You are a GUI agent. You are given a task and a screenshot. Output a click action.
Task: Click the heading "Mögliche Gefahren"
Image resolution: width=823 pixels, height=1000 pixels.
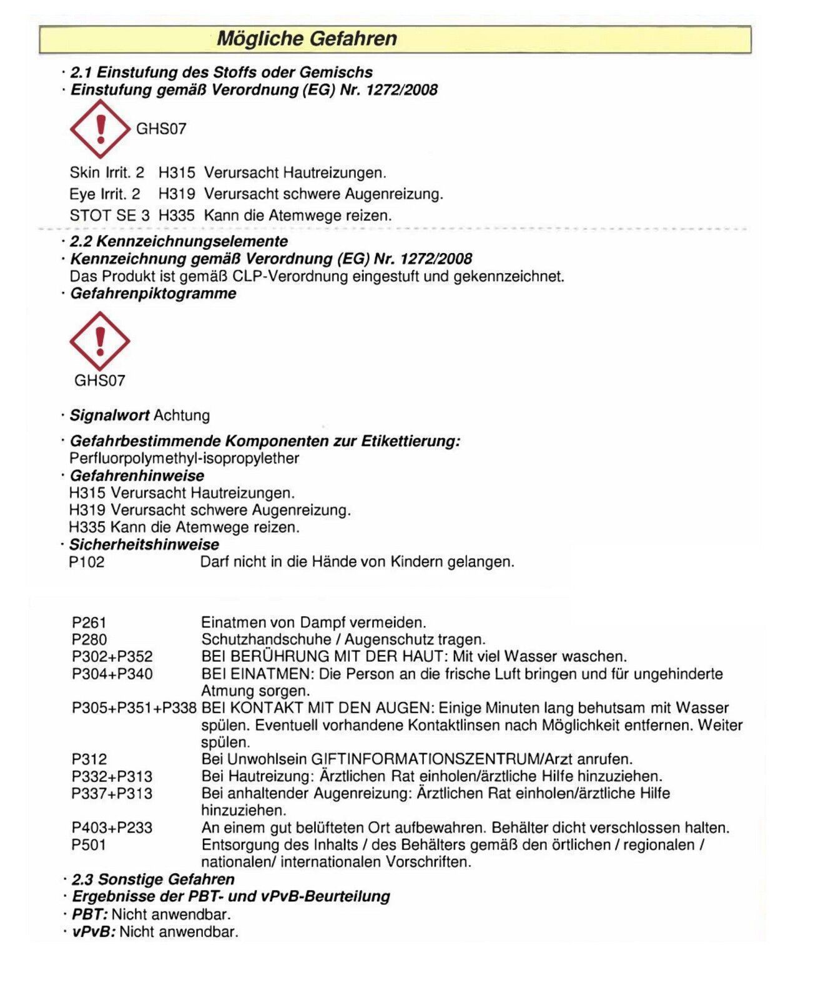pos(307,39)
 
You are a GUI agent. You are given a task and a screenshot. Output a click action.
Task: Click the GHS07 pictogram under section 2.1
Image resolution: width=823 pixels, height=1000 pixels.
pos(100,128)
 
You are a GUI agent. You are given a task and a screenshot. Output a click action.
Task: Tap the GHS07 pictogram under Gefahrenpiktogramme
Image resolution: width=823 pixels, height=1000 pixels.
pos(99,341)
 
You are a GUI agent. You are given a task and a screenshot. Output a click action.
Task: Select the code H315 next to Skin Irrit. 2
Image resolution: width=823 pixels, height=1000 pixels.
pos(177,172)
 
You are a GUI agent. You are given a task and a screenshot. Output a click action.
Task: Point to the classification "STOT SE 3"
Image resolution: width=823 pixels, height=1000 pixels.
pos(109,216)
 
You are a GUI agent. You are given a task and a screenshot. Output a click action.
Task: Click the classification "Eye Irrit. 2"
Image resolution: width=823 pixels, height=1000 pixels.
pos(105,194)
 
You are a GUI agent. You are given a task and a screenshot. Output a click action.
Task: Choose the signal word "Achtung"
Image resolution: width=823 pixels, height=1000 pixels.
pos(182,415)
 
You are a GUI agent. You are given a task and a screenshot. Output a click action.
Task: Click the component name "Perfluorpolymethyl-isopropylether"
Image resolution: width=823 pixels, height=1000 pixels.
pos(184,458)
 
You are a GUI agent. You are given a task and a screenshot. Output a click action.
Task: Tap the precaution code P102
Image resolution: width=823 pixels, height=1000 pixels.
pos(87,562)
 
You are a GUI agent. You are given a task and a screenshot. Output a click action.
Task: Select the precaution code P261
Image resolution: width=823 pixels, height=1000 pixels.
pos(89,622)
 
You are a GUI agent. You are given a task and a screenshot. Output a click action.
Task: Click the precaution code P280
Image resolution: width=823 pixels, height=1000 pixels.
pos(89,639)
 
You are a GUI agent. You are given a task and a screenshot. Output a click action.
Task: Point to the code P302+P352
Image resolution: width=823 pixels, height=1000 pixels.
pos(112,657)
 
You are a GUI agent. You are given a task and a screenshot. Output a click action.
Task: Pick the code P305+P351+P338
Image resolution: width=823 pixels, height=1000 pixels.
pos(134,708)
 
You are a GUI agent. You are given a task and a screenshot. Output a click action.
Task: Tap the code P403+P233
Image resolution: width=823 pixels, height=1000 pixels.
pos(112,827)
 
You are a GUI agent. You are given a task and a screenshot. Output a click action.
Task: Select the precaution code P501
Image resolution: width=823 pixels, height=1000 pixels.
pos(89,845)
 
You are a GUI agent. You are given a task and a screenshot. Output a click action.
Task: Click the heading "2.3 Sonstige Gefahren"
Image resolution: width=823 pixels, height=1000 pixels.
pos(153,879)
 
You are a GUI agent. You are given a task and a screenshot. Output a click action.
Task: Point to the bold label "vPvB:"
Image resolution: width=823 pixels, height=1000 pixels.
pos(94,932)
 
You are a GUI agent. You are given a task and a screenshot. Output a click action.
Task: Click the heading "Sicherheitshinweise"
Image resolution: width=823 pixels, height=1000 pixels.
pos(144,544)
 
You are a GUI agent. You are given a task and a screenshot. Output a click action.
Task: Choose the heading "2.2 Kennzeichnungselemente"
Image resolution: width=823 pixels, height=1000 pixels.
pos(179,241)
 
